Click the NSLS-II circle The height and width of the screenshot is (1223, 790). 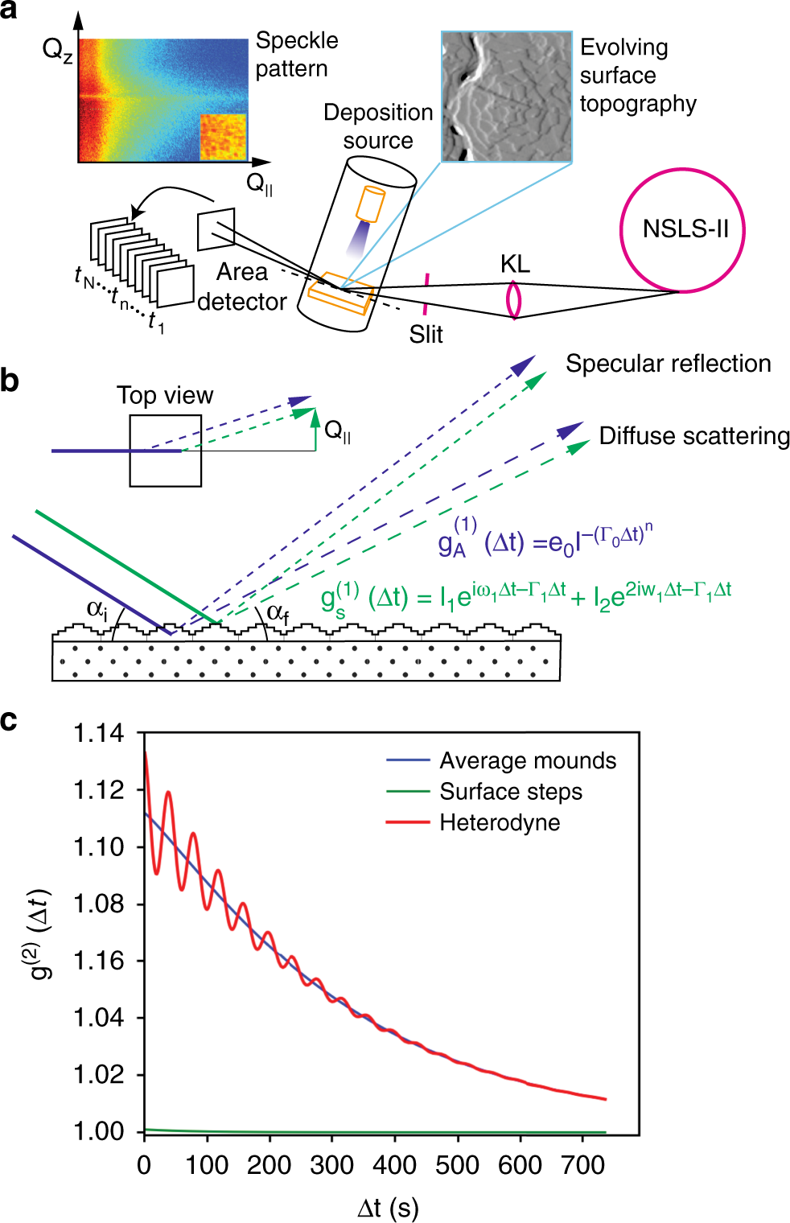click(x=682, y=230)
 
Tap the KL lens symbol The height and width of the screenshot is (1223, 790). click(x=513, y=299)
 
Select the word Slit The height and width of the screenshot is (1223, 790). click(x=426, y=334)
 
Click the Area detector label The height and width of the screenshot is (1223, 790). click(x=241, y=286)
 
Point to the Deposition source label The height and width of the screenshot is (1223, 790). click(x=378, y=126)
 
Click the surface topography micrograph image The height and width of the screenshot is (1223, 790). click(x=507, y=97)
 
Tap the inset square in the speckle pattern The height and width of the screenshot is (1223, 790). click(x=222, y=137)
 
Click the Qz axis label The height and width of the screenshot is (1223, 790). click(x=57, y=51)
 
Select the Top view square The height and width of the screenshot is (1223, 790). click(x=166, y=451)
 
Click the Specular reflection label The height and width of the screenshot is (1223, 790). click(x=668, y=364)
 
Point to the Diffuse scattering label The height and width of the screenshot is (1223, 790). click(x=694, y=436)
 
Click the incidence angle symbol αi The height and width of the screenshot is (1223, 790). click(x=97, y=610)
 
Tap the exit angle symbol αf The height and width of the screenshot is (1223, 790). click(x=278, y=614)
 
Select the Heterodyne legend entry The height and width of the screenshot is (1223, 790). click(x=500, y=822)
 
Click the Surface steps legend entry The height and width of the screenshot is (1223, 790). click(x=511, y=792)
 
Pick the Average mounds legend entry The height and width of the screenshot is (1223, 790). click(x=528, y=760)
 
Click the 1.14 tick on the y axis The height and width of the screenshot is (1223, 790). click(x=98, y=733)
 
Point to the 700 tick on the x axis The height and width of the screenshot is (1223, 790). click(x=582, y=1165)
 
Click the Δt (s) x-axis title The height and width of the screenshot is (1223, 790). click(x=388, y=1208)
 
